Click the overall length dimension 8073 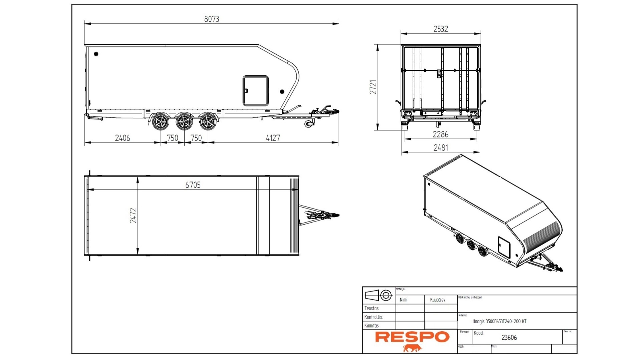[212, 19]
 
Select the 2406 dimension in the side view [123, 138]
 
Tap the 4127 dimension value [273, 138]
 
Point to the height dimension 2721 [373, 87]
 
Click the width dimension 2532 [440, 29]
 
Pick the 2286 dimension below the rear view [440, 134]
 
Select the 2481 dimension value [440, 148]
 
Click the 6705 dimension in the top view [193, 185]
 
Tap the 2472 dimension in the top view [133, 216]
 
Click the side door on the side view [255, 91]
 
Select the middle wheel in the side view [184, 122]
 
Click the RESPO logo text [412, 337]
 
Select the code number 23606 [509, 338]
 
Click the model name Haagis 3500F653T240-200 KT [499, 322]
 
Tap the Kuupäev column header [437, 300]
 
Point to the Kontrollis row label [373, 317]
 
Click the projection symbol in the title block [379, 295]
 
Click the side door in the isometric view [504, 247]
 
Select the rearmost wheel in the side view [161, 122]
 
